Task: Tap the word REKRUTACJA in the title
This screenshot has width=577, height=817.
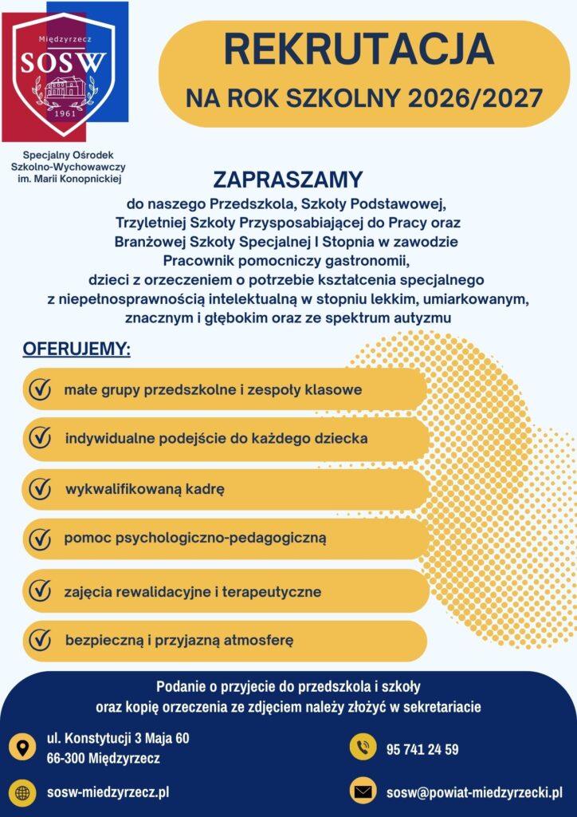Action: tap(359, 49)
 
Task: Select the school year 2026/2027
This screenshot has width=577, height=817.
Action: tap(476, 99)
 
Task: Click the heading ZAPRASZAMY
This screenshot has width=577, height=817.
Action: tap(288, 179)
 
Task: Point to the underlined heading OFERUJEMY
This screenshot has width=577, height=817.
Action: tap(77, 349)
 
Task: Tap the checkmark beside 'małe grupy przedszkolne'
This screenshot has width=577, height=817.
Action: tap(40, 390)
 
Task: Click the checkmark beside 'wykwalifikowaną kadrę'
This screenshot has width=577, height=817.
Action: tap(40, 488)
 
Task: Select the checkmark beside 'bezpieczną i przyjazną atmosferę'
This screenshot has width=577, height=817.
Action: tap(40, 640)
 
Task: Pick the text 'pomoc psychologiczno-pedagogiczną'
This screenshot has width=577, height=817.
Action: tap(195, 538)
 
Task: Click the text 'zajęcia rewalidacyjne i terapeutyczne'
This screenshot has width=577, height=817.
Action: tap(193, 592)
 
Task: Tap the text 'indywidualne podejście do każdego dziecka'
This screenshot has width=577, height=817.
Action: tap(216, 438)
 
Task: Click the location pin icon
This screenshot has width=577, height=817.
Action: tap(22, 748)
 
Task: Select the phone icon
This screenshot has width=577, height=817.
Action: tap(363, 748)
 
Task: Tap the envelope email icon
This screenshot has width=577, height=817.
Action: tap(363, 792)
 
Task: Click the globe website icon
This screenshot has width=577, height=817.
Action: tap(22, 792)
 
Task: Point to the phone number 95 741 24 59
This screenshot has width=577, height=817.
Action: tap(422, 749)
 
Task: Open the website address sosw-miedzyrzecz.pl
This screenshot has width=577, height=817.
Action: tap(108, 792)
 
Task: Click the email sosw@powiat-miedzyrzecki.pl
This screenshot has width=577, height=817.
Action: tap(474, 793)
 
